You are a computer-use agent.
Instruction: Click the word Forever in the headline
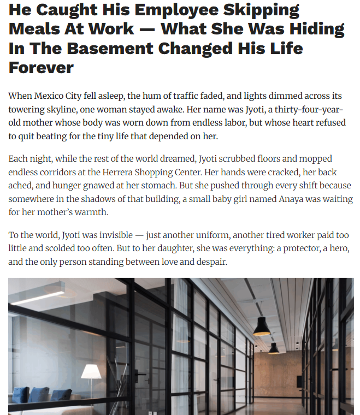pos(41,68)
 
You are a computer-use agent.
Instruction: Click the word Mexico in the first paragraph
pos(50,96)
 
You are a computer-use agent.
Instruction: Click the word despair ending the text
pos(211,262)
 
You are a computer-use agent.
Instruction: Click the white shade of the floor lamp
pos(91,372)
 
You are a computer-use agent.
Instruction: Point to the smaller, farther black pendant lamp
pos(274,348)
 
